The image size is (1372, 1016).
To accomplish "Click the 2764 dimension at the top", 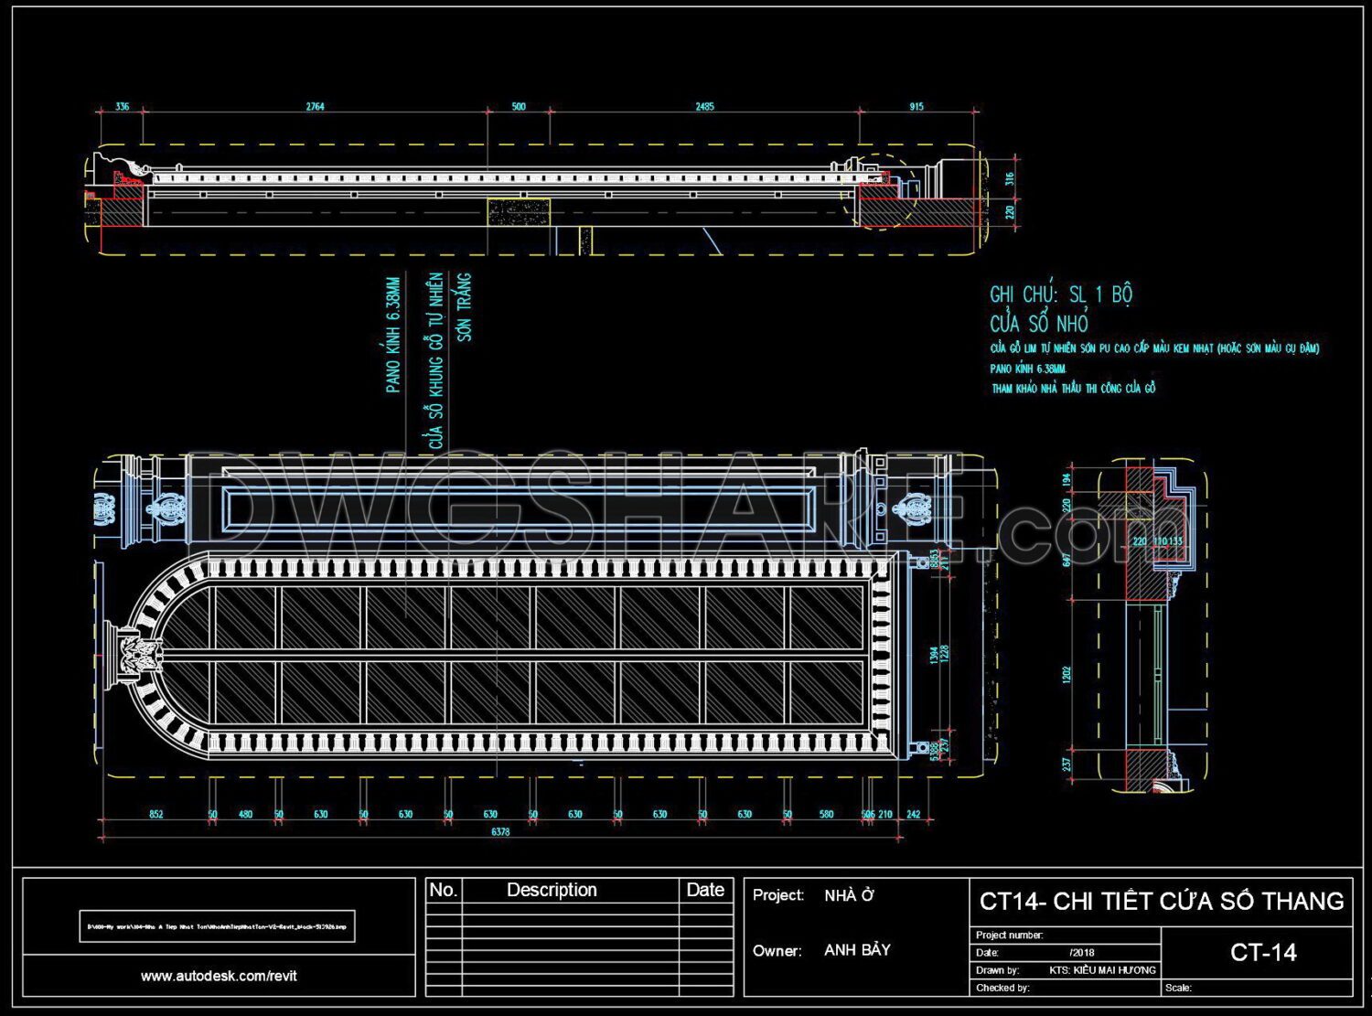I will [x=315, y=107].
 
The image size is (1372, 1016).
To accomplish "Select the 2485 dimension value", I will [x=704, y=107].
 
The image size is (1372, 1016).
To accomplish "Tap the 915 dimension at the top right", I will [x=916, y=107].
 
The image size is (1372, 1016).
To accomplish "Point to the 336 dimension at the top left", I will [x=122, y=107].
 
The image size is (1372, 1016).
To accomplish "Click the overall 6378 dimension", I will [x=500, y=832].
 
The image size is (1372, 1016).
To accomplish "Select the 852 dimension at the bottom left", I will [x=156, y=814].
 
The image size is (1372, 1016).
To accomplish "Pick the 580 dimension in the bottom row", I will [x=826, y=814].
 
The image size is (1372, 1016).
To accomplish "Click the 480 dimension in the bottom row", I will [x=245, y=814].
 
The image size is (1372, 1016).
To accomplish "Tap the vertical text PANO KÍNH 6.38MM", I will [x=393, y=336].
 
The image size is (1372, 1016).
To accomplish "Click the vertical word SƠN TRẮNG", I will [x=465, y=307].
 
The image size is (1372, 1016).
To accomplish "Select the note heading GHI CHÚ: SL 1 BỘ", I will [x=1061, y=294].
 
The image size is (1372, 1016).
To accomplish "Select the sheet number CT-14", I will [x=1263, y=953].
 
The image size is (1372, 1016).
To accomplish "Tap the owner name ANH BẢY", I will [x=857, y=950].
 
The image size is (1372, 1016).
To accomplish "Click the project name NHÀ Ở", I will [x=849, y=895].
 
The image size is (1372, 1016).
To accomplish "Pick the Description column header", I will [x=552, y=890].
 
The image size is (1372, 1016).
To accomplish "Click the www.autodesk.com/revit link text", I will [x=219, y=976].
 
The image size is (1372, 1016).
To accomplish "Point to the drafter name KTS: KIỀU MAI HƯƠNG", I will [x=1102, y=969].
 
